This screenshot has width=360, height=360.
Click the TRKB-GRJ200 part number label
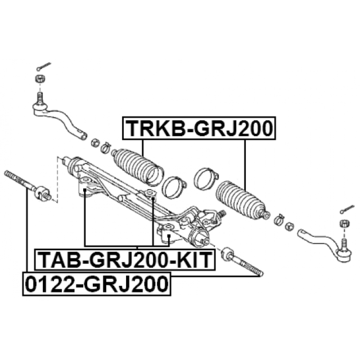199,128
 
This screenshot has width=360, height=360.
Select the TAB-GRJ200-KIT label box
125,260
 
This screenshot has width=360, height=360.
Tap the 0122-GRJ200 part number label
97,284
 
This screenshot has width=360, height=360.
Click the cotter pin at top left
44,66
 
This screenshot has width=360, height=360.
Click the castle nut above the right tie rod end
344,223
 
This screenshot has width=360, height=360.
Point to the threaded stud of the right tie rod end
344,244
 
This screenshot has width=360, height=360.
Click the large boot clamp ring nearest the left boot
174,187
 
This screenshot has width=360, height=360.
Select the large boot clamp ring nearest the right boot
206,179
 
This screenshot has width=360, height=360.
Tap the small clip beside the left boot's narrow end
106,148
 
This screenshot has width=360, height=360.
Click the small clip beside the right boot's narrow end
279,219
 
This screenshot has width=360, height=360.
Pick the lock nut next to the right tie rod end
290,227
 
